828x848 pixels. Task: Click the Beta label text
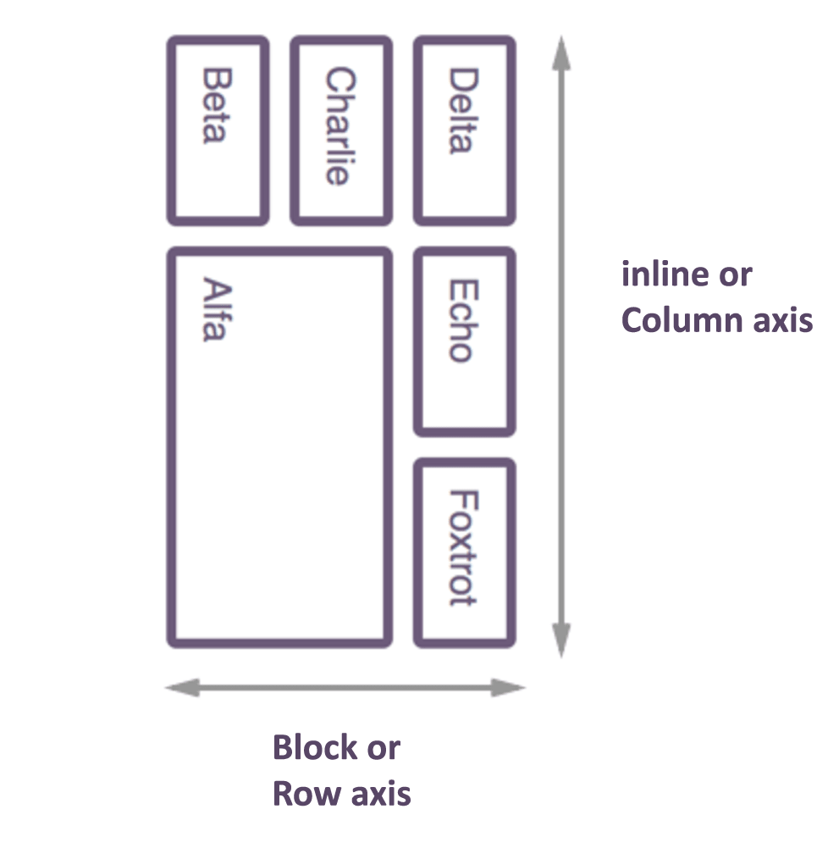point(217,106)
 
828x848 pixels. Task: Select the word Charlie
point(339,126)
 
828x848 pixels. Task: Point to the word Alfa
point(216,309)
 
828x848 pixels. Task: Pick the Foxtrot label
point(463,547)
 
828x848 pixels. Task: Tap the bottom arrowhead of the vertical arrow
point(560,640)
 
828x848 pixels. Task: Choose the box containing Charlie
point(341,203)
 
